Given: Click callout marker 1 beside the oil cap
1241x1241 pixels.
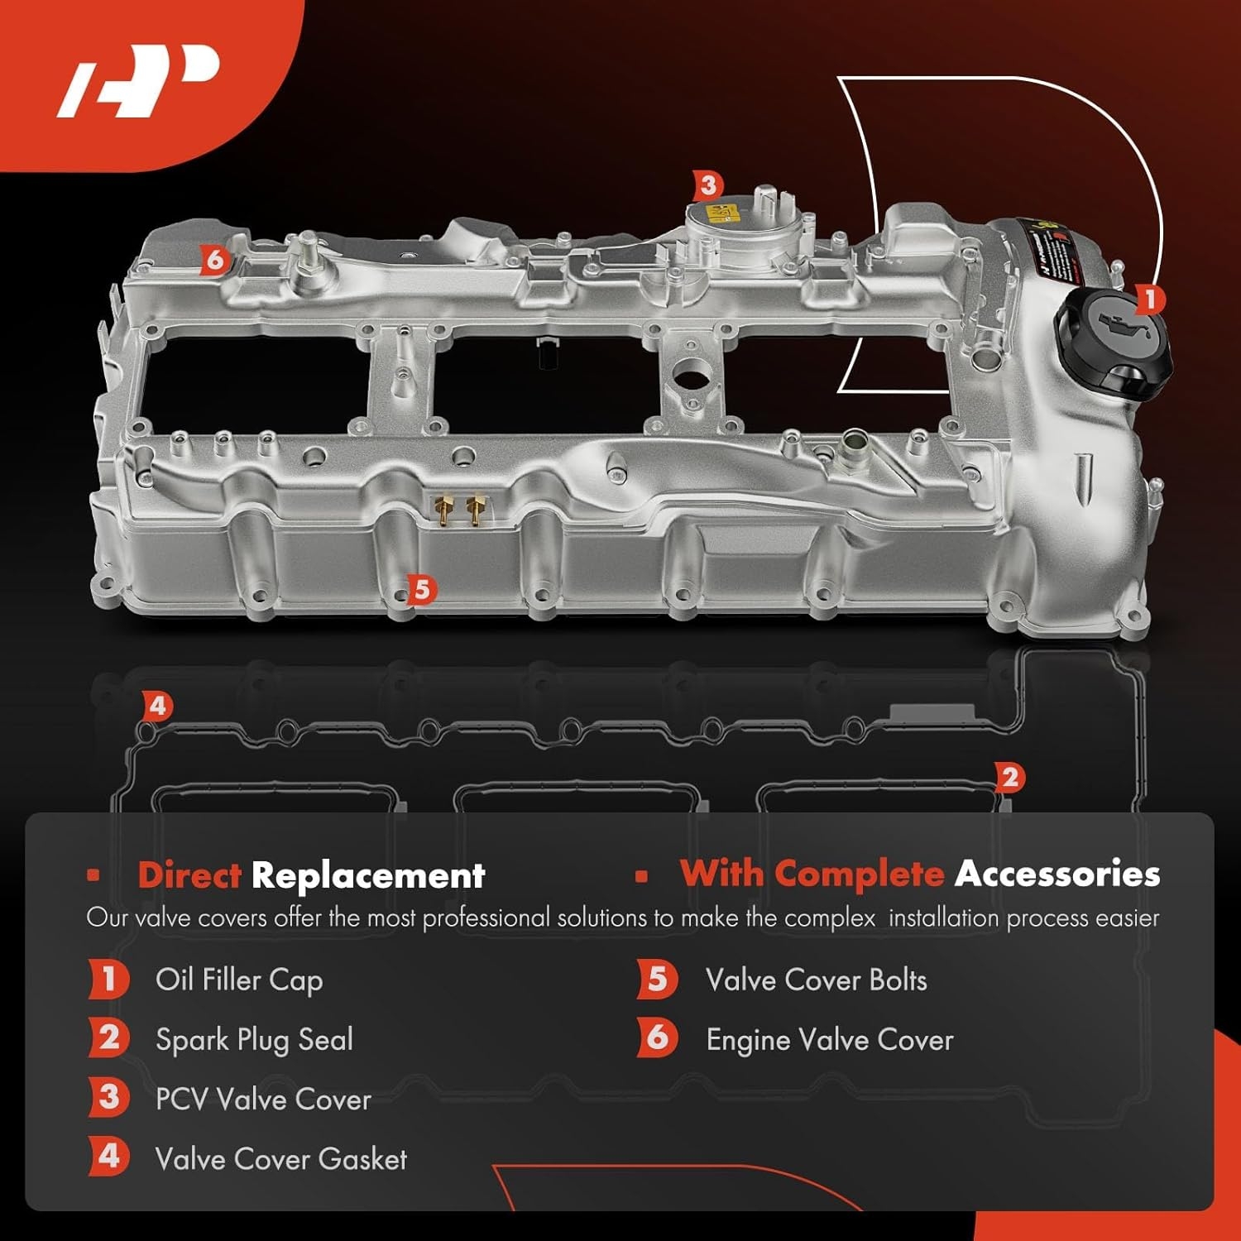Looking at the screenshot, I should [x=1149, y=299].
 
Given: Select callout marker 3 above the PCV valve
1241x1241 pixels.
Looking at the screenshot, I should [x=707, y=186].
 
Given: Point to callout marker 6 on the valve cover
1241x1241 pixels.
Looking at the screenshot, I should [x=214, y=261].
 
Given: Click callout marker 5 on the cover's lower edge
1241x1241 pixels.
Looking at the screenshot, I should [x=422, y=590].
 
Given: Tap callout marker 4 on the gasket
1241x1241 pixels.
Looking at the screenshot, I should [x=158, y=707].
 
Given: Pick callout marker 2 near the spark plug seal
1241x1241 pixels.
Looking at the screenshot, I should [x=1009, y=778].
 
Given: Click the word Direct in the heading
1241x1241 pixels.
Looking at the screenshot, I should [x=189, y=875].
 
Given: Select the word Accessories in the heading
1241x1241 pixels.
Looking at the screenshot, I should [x=1057, y=874].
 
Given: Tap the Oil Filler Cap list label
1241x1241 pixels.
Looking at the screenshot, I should [x=239, y=980].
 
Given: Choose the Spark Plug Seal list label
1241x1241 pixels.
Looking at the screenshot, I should [x=254, y=1040].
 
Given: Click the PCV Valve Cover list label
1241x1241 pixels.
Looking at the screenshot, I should [x=263, y=1100].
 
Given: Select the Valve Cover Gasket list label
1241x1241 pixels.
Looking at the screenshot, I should [x=281, y=1159].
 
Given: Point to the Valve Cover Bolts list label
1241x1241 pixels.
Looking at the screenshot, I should [x=816, y=980].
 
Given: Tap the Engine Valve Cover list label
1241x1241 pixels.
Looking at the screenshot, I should [x=829, y=1040].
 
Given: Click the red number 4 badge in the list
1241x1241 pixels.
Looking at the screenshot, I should [x=108, y=1157].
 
